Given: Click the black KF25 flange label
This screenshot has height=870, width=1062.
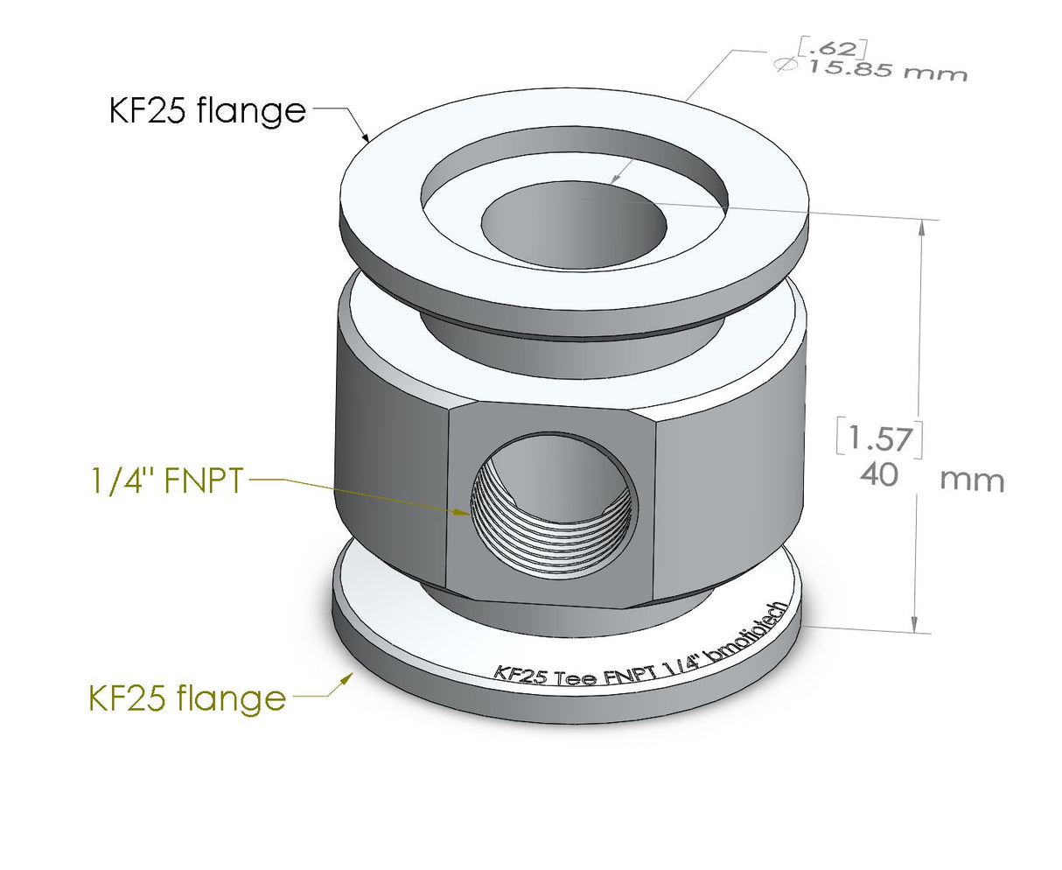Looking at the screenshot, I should coord(207,111).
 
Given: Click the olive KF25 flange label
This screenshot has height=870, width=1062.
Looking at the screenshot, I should coord(187,698).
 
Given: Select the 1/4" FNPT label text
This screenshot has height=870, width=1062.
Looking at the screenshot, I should coord(167,481).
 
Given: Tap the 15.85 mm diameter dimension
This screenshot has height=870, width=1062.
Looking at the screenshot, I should coord(884,68).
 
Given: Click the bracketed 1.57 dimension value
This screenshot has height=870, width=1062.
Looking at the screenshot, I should coord(879,438).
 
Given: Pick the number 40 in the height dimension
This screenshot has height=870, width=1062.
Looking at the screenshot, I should coord(879,475).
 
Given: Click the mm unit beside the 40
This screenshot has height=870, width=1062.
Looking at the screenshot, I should coord(972,481).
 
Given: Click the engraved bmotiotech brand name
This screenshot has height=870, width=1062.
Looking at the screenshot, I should coord(754,633).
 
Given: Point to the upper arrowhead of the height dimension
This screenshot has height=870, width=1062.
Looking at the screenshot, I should coord(919,229).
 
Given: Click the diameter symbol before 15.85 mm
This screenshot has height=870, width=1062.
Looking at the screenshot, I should coord(785,65).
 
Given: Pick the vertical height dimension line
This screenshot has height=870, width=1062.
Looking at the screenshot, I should coord(918,350).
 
